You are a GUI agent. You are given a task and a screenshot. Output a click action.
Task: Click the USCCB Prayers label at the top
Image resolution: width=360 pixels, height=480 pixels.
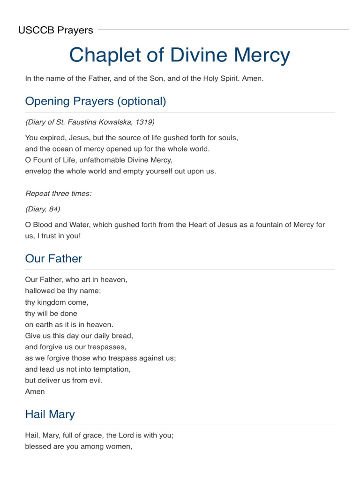(55, 30)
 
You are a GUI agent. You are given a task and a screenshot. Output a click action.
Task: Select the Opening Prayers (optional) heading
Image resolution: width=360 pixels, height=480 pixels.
(95, 101)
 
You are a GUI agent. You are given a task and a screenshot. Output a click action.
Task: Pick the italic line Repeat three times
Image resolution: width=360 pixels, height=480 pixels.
(58, 193)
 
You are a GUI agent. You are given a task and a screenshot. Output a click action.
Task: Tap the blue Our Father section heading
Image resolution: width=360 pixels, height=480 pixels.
(53, 259)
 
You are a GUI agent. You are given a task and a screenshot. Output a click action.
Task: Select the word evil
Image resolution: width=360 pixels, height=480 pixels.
(95, 380)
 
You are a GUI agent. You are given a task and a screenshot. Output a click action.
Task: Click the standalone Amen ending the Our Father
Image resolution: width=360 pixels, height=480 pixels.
(35, 391)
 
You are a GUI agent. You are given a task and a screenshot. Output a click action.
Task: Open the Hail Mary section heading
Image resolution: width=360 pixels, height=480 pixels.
(50, 414)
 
